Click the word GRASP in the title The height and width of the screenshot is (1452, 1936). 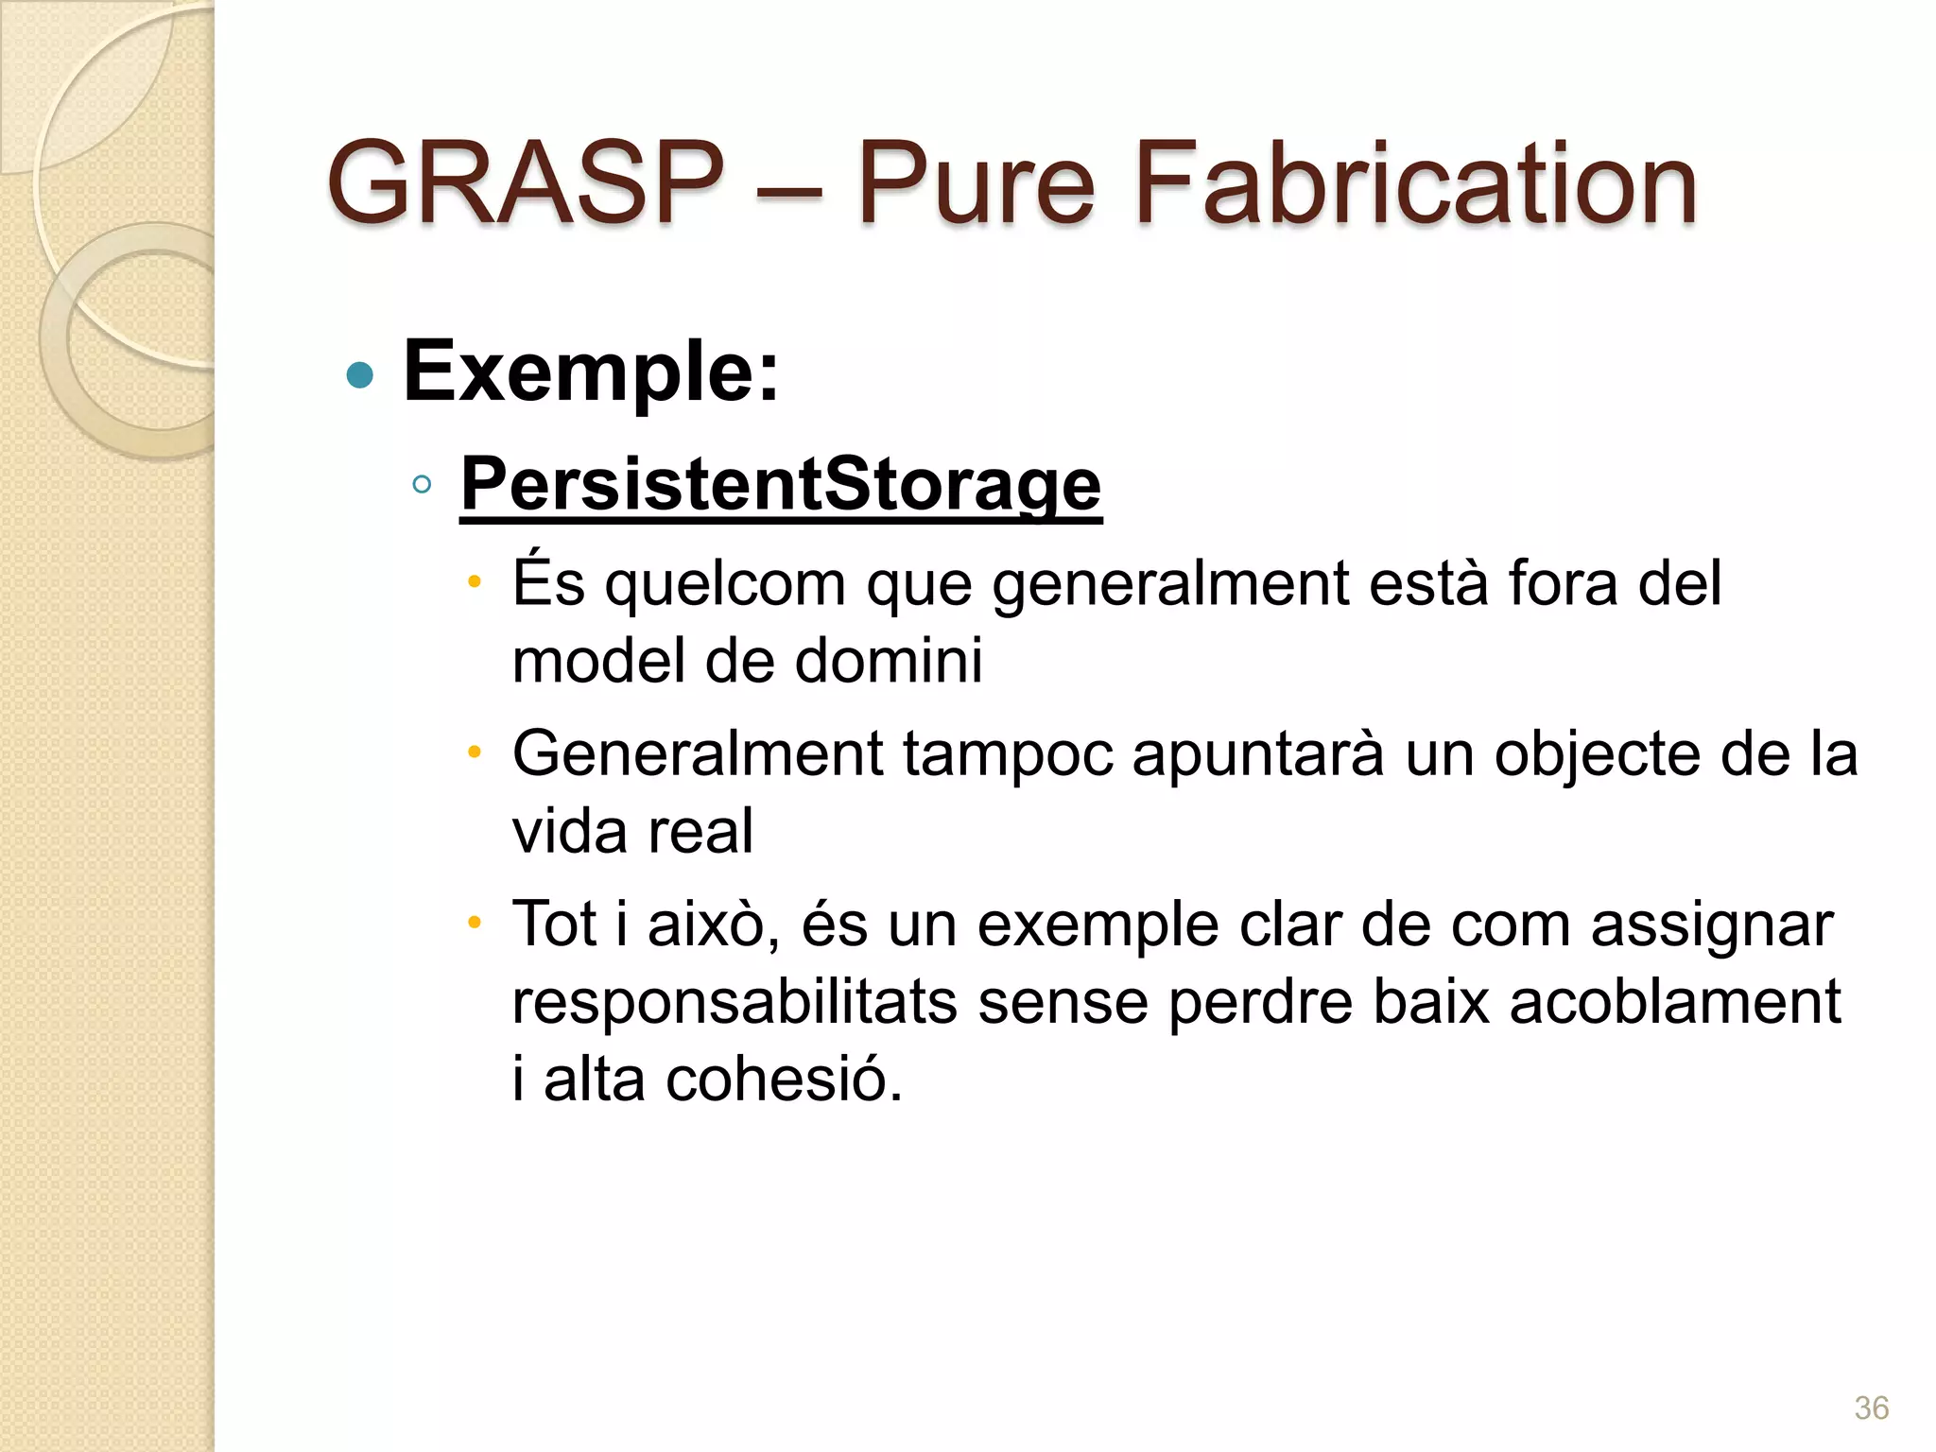coord(525,183)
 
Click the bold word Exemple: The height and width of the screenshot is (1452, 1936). coord(592,372)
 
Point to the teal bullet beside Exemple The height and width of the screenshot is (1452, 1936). coord(360,375)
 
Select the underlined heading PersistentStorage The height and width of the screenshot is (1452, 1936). coord(781,485)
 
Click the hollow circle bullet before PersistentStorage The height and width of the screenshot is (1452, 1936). coord(422,485)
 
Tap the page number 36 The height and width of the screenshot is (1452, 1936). coord(1871,1408)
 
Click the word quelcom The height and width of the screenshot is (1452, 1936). coord(725,584)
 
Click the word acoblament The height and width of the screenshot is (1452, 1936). coord(1674,1002)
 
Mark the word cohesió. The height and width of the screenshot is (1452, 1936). coord(785,1080)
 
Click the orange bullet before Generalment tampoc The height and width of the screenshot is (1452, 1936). coord(475,753)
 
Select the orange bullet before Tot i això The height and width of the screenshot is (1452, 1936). coord(475,923)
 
